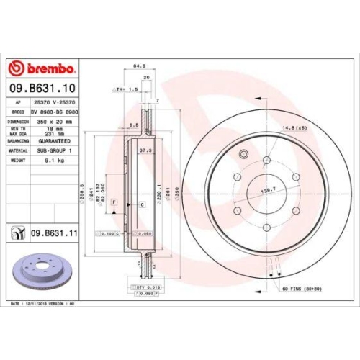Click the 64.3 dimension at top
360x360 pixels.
(137, 67)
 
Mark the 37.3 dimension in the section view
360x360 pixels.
(145, 151)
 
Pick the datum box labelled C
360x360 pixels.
(142, 205)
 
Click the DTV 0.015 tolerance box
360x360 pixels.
(147, 287)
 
